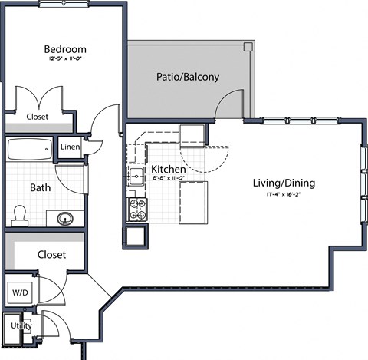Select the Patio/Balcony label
(188, 77)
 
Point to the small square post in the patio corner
(248, 47)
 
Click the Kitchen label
(168, 169)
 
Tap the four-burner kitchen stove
(137, 206)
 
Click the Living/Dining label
(284, 183)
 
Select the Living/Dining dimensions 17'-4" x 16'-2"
(284, 194)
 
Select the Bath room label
(41, 187)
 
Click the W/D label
(18, 292)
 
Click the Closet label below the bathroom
(51, 254)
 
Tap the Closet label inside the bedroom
(37, 117)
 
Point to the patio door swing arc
(228, 104)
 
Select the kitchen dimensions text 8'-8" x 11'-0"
(168, 179)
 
